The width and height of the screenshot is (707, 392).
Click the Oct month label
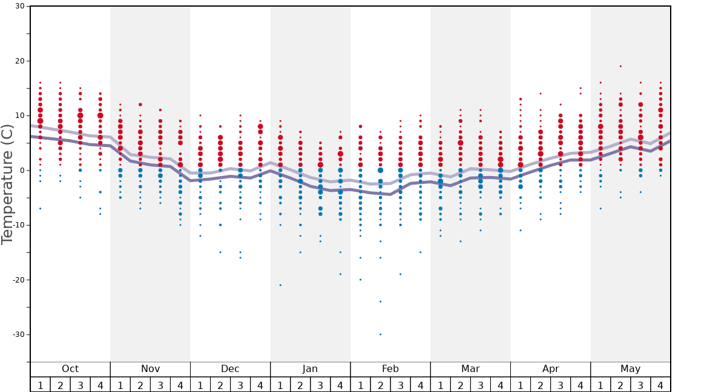pos(70,369)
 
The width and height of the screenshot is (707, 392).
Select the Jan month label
pos(310,369)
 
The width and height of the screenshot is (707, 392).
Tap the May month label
pos(630,369)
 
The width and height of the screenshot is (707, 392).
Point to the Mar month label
pos(470,369)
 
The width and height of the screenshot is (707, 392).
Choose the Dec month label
pos(230,369)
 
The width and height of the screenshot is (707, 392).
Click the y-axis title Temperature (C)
pos(7,185)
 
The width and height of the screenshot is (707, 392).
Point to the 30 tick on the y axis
pos(19,7)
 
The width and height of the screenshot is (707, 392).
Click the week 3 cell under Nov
pos(160,385)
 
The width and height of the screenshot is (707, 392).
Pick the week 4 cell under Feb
pos(420,385)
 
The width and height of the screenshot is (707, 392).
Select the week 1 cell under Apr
pos(520,385)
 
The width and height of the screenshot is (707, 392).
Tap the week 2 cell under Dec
pos(220,385)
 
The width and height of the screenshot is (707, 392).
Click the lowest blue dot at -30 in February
pos(380,334)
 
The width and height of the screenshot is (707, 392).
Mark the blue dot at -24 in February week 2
pos(380,301)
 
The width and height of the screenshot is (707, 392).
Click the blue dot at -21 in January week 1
pos(280,285)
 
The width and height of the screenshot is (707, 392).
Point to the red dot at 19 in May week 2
pos(620,67)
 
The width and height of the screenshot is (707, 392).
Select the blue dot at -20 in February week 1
pos(360,279)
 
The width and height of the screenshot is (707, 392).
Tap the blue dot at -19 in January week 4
pos(340,274)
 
